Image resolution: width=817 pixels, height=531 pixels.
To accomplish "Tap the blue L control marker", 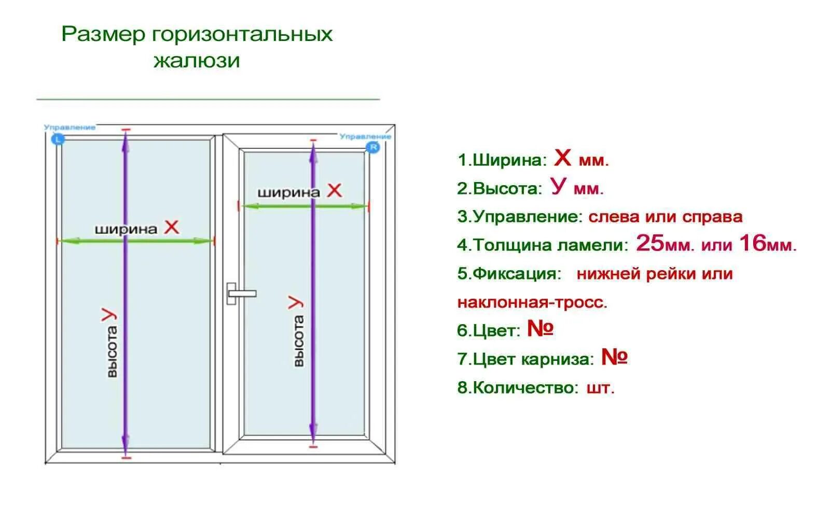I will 58,139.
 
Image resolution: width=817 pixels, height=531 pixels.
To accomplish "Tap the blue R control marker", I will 372,148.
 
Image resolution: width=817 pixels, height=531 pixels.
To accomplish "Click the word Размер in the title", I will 103,34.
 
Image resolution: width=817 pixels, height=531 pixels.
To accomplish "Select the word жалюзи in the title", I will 197,61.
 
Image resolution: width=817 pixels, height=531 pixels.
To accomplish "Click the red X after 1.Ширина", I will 562,158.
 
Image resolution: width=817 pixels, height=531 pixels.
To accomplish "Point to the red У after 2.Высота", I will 558,186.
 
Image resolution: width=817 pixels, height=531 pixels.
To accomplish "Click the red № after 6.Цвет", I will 541,328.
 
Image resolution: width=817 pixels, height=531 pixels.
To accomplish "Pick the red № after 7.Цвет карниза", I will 614,357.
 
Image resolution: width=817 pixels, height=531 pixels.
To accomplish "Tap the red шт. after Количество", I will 601,388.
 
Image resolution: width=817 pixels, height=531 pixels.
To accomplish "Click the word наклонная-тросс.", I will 532,302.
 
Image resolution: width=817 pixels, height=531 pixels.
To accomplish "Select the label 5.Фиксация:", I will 509,274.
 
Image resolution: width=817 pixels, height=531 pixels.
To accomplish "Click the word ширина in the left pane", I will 126,229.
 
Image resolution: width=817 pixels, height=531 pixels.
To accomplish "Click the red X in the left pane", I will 171,227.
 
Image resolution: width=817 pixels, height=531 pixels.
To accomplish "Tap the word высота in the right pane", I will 298,341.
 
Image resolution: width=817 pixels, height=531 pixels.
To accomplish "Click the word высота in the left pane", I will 112,352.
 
